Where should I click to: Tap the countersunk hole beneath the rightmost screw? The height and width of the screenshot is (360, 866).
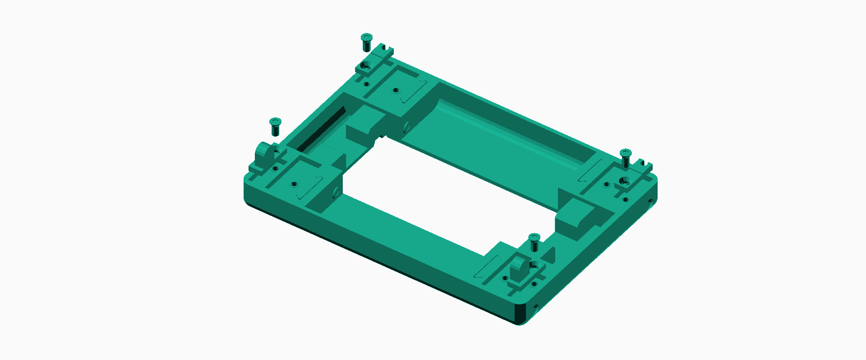coord(624,181)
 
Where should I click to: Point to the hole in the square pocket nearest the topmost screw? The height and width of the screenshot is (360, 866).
coord(396,90)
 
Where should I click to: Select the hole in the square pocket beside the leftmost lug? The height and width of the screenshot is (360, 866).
coord(294,184)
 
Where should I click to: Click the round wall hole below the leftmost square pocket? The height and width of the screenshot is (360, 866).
coord(336,193)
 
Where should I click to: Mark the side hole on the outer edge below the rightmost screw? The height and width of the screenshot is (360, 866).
coord(650,201)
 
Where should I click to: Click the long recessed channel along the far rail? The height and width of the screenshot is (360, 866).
coord(510,131)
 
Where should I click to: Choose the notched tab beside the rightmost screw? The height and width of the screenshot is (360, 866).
coord(644,164)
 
